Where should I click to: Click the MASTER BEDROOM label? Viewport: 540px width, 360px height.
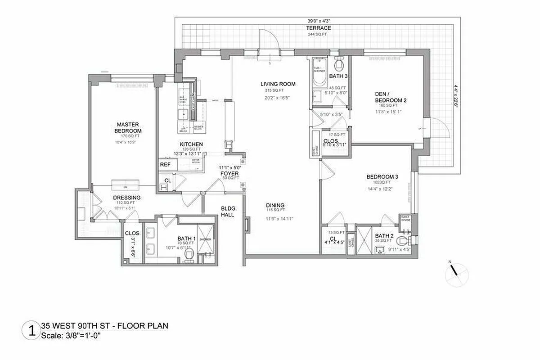point(128,127)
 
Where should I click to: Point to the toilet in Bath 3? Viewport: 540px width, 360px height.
point(339,66)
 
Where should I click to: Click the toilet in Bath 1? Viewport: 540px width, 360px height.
point(190,256)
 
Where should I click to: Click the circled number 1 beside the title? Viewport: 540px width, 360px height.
point(31,330)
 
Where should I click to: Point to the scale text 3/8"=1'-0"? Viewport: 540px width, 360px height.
point(71,336)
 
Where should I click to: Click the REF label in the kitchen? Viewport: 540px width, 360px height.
point(165,165)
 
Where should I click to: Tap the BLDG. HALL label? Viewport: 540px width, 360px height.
point(228,211)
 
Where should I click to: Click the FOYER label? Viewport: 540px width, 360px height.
point(229,173)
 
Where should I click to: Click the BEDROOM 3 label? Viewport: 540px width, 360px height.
point(382,177)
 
